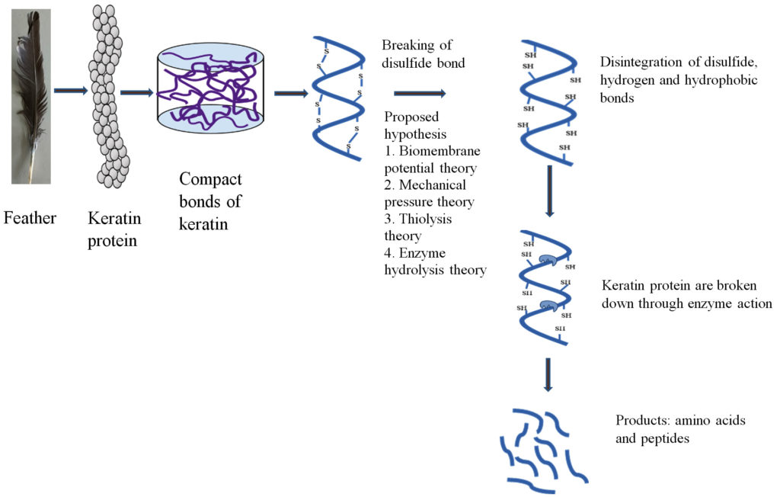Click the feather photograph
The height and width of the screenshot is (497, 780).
[31, 96]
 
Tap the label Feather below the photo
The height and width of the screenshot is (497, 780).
[30, 219]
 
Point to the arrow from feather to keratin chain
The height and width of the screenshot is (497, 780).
[71, 91]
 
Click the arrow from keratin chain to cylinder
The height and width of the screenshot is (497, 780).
[137, 93]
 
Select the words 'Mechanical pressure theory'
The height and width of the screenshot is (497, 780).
[433, 194]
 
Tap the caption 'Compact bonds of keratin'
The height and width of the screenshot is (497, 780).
[210, 200]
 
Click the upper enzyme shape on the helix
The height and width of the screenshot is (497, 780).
[546, 262]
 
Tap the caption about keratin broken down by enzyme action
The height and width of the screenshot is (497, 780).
[687, 294]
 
